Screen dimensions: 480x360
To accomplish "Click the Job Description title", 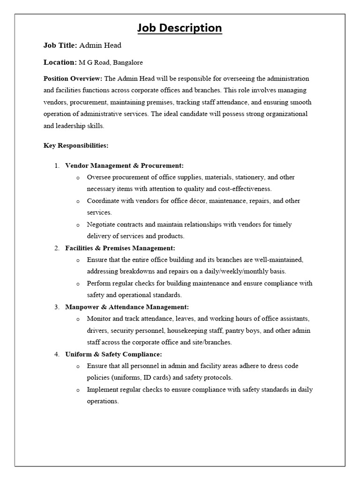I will pos(180,28).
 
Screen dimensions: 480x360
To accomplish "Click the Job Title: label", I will pos(60,45).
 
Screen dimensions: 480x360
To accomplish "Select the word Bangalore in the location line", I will pos(127,62).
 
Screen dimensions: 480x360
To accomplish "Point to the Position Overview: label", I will pos(73,79).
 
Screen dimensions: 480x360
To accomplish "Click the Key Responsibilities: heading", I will pos(76,145).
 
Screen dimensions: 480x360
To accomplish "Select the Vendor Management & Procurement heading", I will pos(124,165).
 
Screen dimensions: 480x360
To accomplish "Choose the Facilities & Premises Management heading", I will pos(120,248).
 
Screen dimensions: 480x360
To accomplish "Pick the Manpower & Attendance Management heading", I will pos(127,307).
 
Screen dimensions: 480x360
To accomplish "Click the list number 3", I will pos(56,307).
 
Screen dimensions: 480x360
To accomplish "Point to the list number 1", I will pos(56,165).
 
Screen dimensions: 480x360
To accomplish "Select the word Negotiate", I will pos(101,225).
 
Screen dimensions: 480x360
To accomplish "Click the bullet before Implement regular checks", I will pos(77,390).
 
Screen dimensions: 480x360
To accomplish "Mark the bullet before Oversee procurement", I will pos(77,178).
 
